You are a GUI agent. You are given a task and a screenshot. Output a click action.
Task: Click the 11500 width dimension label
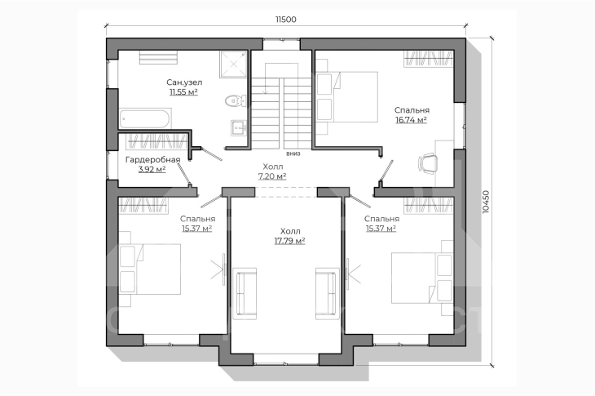click(286, 20)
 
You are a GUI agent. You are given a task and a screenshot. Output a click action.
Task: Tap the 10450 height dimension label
click(486, 202)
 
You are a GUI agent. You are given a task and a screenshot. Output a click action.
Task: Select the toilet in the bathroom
click(236, 101)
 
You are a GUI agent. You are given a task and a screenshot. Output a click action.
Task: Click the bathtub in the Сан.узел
click(145, 118)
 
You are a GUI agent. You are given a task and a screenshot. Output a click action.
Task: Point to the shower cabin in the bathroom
click(233, 65)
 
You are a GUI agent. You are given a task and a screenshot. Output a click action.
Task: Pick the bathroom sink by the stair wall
click(239, 127)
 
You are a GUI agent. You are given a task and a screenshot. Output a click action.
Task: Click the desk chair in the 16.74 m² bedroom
click(428, 163)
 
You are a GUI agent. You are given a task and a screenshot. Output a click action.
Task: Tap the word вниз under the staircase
click(293, 154)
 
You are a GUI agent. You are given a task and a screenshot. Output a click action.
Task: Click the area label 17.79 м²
click(290, 241)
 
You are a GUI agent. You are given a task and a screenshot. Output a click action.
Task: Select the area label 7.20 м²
click(272, 176)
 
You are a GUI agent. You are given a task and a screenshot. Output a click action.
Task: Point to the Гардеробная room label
click(152, 159)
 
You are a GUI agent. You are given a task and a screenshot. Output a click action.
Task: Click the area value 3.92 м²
click(152, 170)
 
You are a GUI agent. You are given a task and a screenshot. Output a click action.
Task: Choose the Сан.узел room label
click(184, 82)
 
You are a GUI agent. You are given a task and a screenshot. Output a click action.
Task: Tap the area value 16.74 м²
click(412, 120)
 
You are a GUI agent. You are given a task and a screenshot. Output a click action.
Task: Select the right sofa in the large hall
click(328, 293)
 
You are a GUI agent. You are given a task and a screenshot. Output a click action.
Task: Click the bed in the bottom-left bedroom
click(150, 269)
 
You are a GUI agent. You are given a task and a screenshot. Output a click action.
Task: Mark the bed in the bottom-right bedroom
click(422, 278)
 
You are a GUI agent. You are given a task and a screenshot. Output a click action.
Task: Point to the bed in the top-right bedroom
click(347, 97)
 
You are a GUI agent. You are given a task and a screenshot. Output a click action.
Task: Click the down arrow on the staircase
click(266, 78)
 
